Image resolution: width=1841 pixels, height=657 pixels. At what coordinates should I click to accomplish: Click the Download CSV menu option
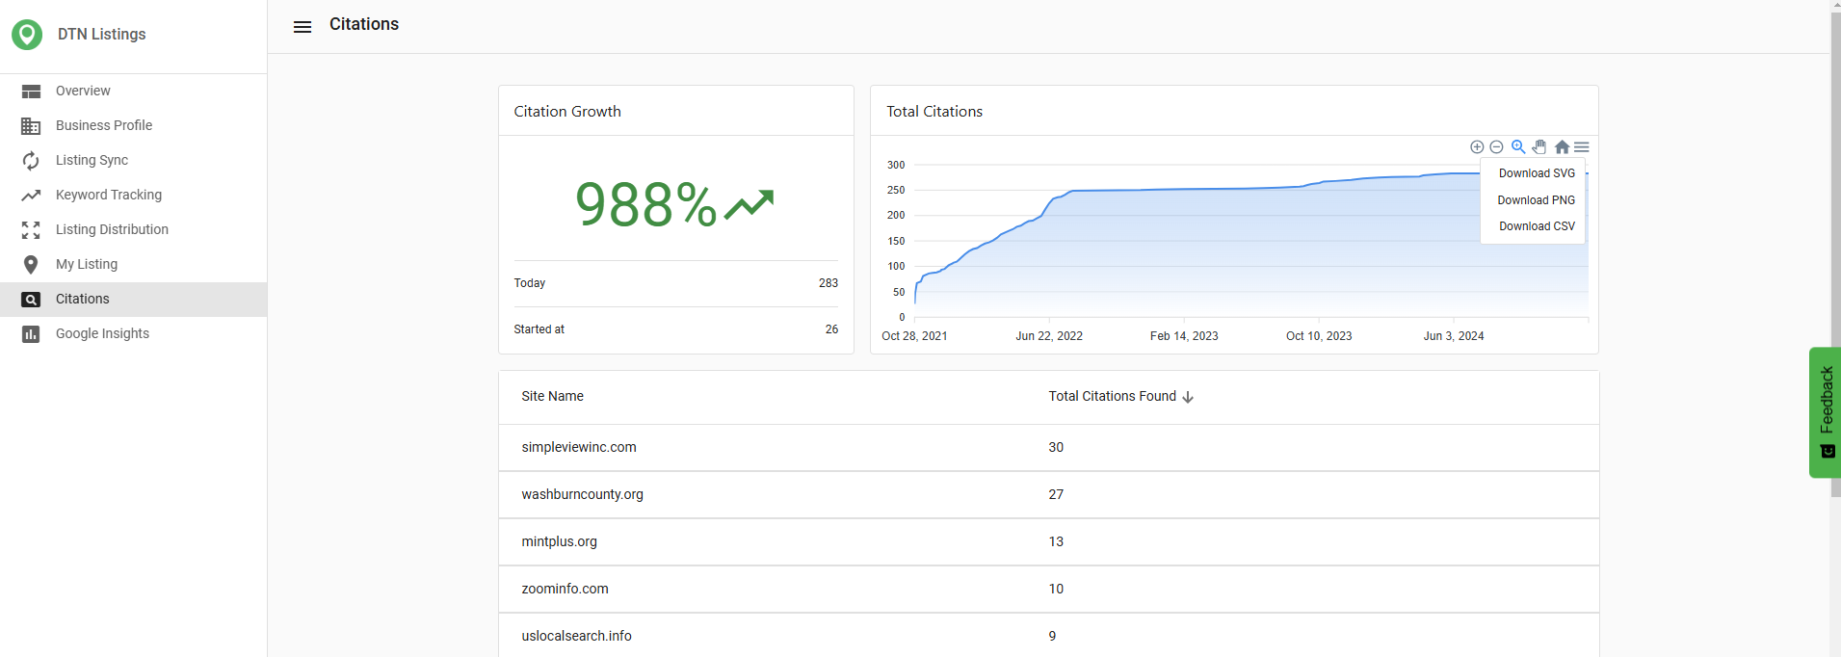(x=1537, y=226)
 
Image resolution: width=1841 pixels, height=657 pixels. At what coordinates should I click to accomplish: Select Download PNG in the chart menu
(x=1537, y=200)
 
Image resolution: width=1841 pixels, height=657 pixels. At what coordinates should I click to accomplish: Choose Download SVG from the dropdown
(x=1537, y=173)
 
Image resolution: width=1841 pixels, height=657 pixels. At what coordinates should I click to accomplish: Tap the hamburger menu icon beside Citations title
(x=302, y=27)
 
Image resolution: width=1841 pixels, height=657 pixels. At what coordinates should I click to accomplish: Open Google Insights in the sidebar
(x=102, y=333)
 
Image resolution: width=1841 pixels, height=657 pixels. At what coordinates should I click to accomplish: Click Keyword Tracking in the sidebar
(x=109, y=195)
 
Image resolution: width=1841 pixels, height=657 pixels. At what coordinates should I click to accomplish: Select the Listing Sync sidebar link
(x=92, y=160)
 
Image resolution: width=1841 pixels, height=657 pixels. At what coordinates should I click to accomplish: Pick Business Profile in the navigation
(x=104, y=125)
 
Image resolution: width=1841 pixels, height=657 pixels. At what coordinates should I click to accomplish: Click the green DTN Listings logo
(x=27, y=35)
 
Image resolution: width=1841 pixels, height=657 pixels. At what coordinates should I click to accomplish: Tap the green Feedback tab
(x=1825, y=412)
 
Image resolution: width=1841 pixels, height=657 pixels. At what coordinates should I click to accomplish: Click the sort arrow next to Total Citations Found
(x=1188, y=397)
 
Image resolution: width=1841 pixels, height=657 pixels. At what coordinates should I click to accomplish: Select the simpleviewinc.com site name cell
(x=579, y=447)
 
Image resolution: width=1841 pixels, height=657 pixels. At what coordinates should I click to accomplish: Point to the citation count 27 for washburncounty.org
(x=1056, y=494)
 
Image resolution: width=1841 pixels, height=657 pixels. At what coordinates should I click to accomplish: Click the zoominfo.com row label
(x=565, y=589)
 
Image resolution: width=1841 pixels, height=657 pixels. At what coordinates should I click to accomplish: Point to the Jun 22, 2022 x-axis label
(x=1049, y=336)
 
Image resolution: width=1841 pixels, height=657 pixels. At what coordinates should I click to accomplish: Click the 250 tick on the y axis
(x=896, y=190)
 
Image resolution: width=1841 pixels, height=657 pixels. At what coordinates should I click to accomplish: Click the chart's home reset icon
(x=1562, y=147)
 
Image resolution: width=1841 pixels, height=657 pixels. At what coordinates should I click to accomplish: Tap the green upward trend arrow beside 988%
(x=750, y=204)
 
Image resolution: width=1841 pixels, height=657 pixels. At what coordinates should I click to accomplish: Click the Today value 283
(x=828, y=283)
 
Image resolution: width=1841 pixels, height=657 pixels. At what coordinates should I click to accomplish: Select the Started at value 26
(x=831, y=329)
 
